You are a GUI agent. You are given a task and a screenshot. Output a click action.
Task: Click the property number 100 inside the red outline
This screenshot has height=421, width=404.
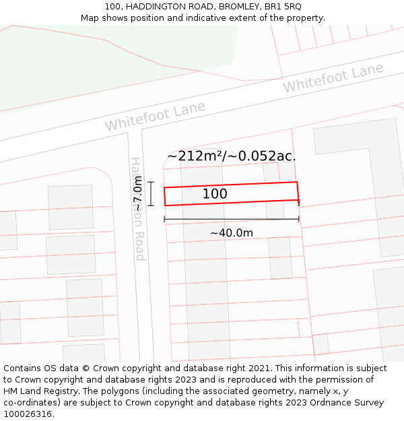tap(215, 194)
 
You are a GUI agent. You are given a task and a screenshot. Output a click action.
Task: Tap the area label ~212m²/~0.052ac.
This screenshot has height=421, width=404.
tap(232, 156)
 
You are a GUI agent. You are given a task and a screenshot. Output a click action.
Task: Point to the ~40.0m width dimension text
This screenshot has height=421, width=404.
tap(232, 233)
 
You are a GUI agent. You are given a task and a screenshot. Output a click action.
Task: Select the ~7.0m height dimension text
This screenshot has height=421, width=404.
tap(138, 194)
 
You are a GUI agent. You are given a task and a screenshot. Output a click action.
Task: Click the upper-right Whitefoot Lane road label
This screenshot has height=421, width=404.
tap(333, 78)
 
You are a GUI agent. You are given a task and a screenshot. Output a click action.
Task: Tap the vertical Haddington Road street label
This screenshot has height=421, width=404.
tap(137, 209)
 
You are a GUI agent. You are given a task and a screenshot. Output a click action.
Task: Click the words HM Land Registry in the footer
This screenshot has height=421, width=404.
tap(36, 391)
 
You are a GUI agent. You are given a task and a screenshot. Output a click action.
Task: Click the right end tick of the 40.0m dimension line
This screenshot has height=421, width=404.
tap(299, 219)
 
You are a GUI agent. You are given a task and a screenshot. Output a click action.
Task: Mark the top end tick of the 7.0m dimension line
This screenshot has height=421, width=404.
tap(151, 182)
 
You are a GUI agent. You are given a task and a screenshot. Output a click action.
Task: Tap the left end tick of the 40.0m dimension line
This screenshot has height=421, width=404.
tap(164, 219)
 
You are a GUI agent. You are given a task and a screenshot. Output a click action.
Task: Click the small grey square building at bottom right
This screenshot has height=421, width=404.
tap(321, 344)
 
